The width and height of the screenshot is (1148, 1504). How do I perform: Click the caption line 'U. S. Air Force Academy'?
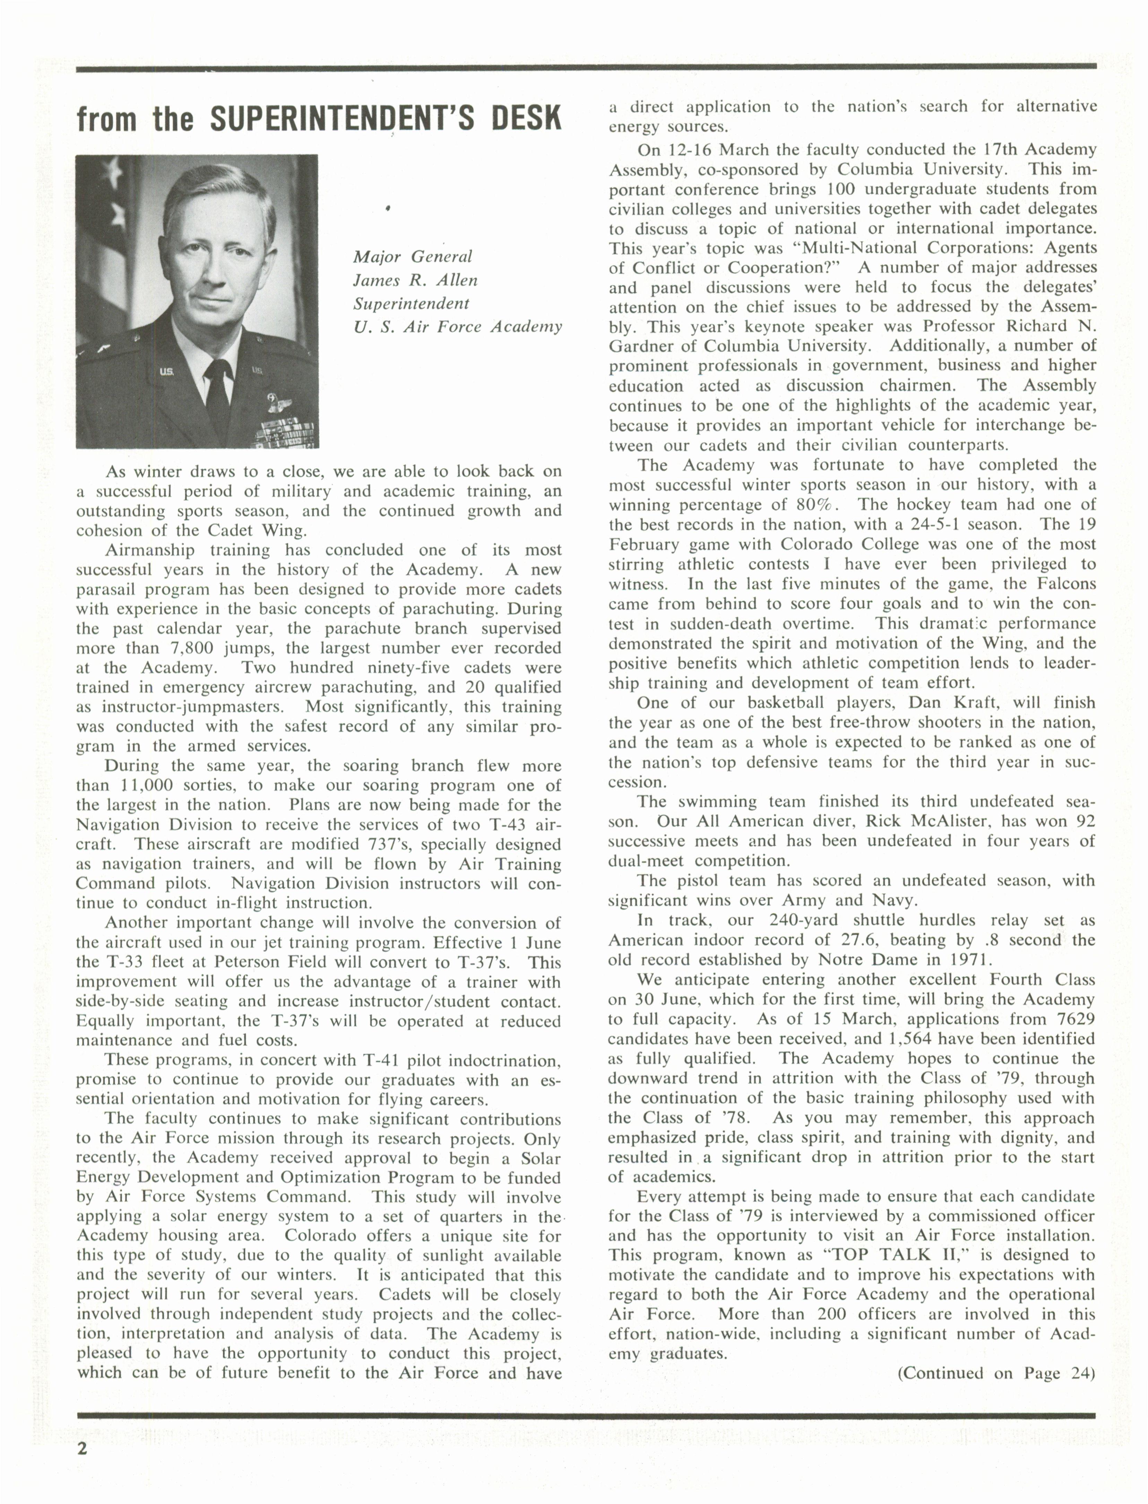[x=457, y=327]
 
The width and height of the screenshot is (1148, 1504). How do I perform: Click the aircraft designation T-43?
[x=504, y=825]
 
